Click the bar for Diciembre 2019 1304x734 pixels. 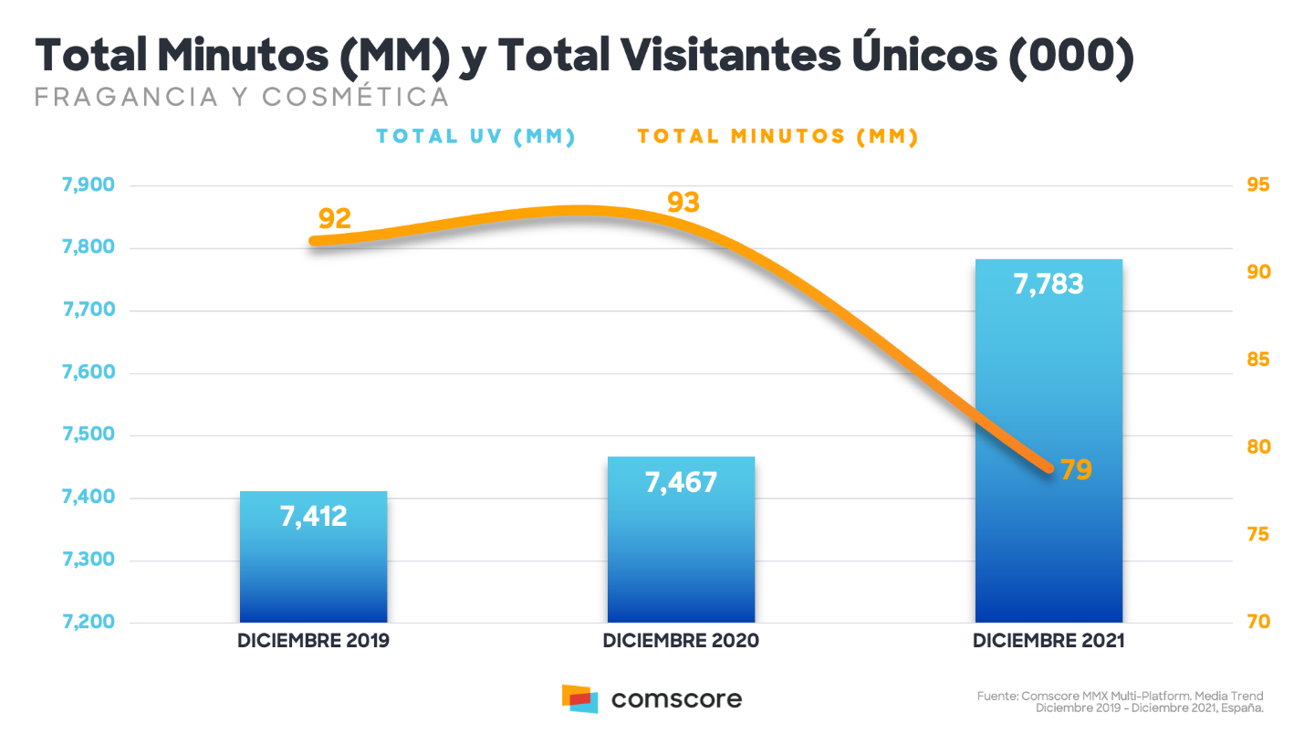tap(313, 557)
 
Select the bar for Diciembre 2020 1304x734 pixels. tap(681, 540)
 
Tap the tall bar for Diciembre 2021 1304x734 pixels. tap(1049, 441)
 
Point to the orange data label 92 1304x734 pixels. tap(335, 219)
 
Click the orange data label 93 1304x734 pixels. tap(683, 203)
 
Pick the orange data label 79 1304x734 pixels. tap(1076, 469)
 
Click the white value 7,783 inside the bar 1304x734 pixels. tap(1048, 284)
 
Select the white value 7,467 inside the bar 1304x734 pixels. tap(681, 482)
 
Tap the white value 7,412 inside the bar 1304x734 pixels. tap(313, 517)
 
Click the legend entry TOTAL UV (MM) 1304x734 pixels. tap(475, 136)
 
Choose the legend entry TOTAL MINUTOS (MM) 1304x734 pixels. tap(777, 136)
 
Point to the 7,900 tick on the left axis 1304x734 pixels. tap(89, 184)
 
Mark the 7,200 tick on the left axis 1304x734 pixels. tap(89, 622)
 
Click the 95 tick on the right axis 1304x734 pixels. tap(1258, 184)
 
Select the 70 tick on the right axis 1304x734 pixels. tap(1258, 622)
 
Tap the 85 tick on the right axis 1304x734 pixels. tap(1258, 360)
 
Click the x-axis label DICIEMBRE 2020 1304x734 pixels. tap(681, 641)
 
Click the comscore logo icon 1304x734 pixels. tap(579, 698)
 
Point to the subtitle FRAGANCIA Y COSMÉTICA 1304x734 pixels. tap(242, 98)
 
